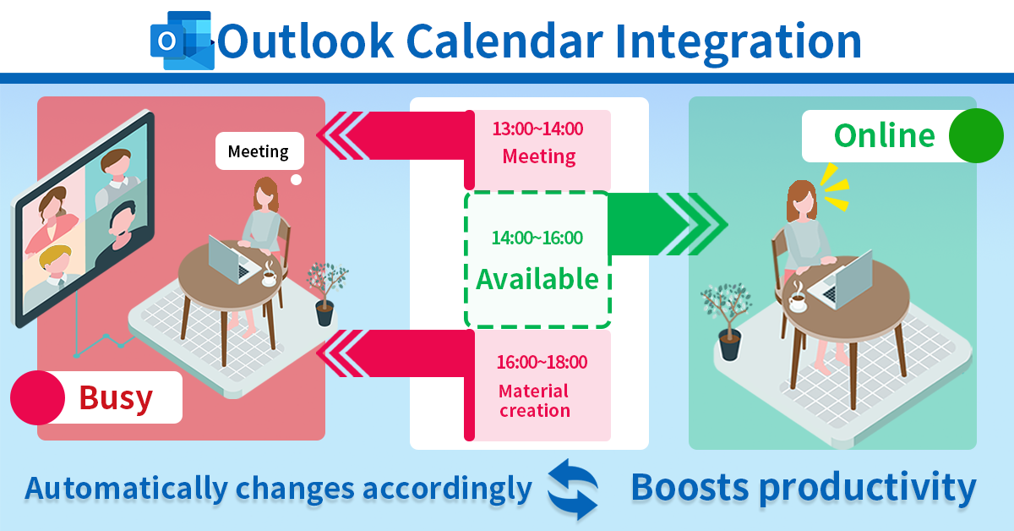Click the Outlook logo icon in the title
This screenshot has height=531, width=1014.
point(183,41)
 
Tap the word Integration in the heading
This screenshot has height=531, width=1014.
point(739,44)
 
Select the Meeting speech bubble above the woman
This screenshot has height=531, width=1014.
point(259,151)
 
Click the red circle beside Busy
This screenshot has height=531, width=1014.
point(37,397)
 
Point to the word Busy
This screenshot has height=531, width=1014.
point(116,398)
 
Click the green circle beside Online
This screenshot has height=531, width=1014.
point(976,135)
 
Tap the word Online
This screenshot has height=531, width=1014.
point(885,135)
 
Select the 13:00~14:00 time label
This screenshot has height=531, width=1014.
point(537,129)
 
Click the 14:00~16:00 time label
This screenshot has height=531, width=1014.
point(537,238)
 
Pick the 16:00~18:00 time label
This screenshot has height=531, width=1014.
point(542,362)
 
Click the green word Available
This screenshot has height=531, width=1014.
point(537,279)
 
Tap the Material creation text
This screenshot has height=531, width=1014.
point(534,401)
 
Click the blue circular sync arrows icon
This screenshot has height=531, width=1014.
point(573,490)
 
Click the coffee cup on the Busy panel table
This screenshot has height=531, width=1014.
point(270,276)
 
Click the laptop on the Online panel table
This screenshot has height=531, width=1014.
point(842,281)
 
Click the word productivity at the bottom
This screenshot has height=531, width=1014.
point(867,489)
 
